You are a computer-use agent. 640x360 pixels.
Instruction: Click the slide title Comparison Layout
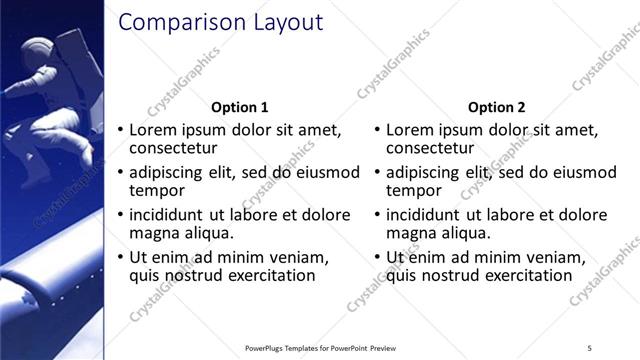point(220,22)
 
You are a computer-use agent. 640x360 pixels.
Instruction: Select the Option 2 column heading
point(496,108)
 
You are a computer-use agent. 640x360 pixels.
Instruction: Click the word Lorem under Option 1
point(152,130)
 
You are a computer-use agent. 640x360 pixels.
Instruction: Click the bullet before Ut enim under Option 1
point(121,258)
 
